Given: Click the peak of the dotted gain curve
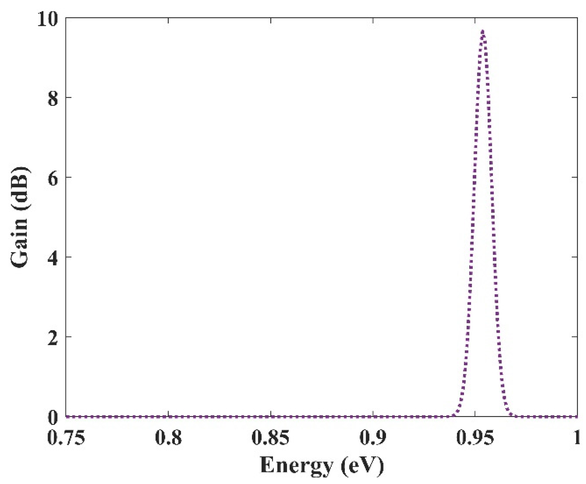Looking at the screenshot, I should point(482,31).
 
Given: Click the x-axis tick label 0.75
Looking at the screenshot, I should point(66,438).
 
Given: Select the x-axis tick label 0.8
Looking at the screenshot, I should point(168,438).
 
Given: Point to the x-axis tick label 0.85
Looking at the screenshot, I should point(270,438).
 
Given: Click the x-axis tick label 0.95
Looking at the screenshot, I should point(475,438).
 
